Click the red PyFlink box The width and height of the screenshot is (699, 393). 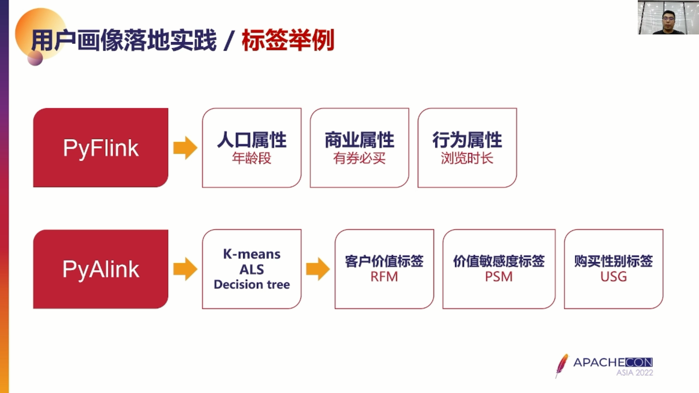(x=100, y=148)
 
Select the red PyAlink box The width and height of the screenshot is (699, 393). (x=100, y=269)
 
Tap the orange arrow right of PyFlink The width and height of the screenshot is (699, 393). (x=185, y=148)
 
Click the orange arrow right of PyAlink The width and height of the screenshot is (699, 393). (x=185, y=269)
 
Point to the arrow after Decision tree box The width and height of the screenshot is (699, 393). (x=318, y=269)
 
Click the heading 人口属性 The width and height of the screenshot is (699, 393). (x=252, y=140)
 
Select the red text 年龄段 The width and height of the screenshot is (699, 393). (x=252, y=158)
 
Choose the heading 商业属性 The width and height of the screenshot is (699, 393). (x=359, y=140)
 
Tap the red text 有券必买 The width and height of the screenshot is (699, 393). (x=359, y=158)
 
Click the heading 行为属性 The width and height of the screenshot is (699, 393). (x=467, y=140)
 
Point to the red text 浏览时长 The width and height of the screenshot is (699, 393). (x=467, y=158)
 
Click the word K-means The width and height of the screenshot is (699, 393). (x=252, y=254)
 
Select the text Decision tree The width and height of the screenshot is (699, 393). (x=252, y=285)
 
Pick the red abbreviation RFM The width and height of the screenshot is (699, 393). (x=384, y=277)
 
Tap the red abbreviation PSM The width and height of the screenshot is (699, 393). (x=499, y=277)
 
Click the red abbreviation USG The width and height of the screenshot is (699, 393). (x=613, y=277)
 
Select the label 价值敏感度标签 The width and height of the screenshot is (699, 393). (x=499, y=261)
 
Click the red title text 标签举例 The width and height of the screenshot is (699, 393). (x=288, y=40)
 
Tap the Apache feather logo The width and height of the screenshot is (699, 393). (x=562, y=366)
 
